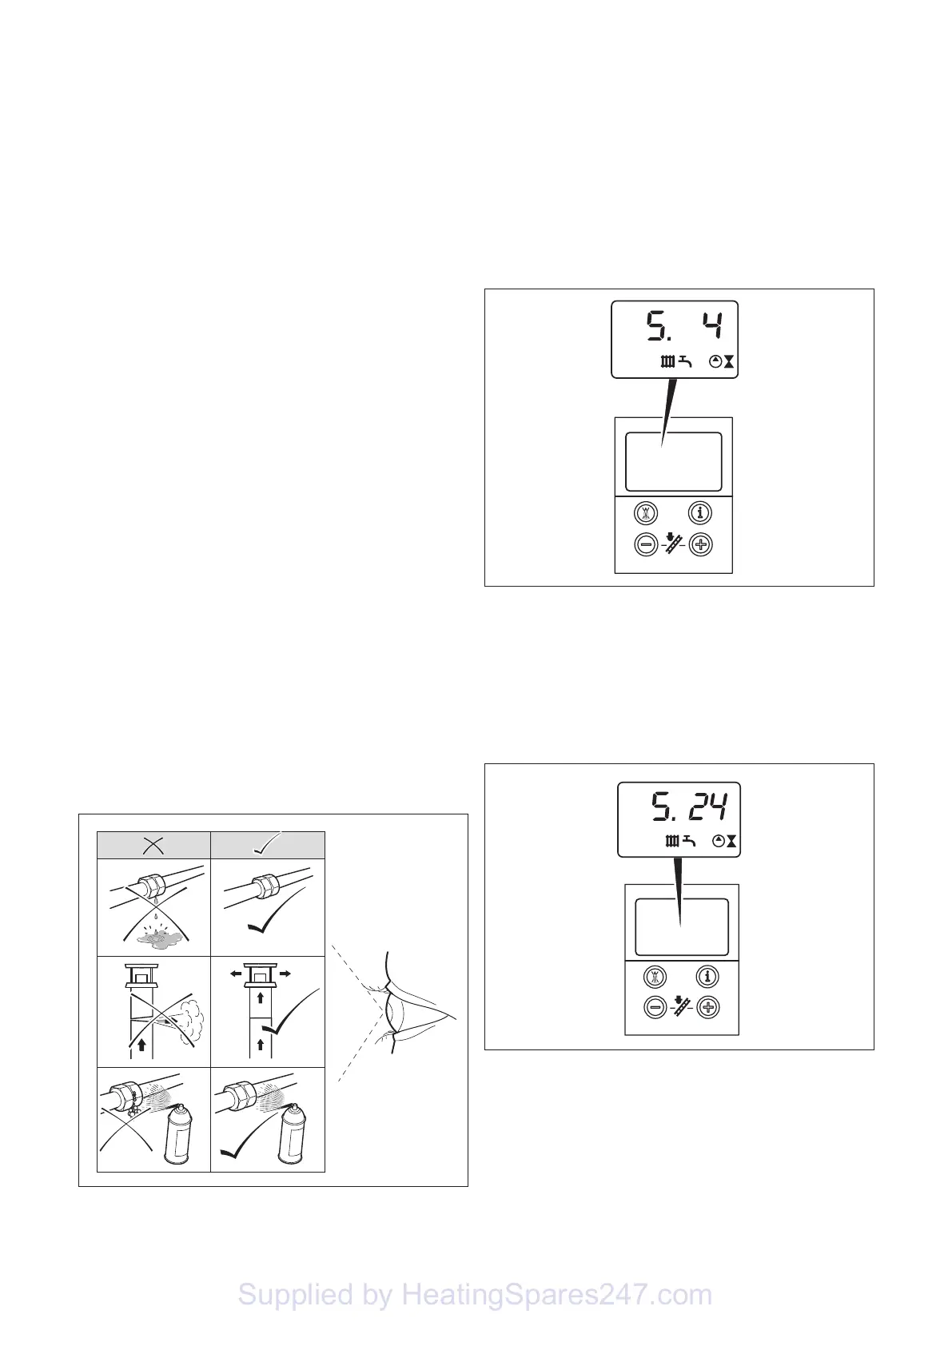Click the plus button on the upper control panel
(701, 546)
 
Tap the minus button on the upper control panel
(647, 546)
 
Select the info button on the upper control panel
(701, 512)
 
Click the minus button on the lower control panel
(655, 1008)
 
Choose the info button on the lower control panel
(707, 976)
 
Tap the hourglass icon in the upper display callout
(729, 362)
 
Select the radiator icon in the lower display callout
(672, 841)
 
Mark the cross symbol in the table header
(153, 845)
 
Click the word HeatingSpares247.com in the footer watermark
(556, 1295)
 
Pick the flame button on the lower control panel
(655, 976)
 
